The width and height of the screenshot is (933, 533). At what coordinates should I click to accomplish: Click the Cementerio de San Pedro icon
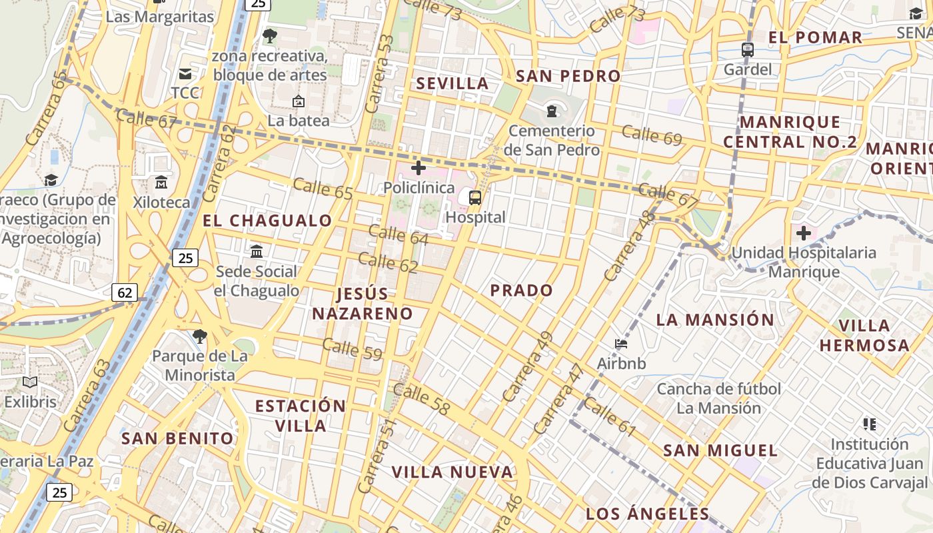[551, 110]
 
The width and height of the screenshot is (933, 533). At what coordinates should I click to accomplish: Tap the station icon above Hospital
[474, 197]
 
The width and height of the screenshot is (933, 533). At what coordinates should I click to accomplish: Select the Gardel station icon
[748, 49]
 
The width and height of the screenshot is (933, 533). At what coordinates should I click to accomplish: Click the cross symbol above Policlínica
[419, 168]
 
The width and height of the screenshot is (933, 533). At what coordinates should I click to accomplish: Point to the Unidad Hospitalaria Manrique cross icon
[804, 233]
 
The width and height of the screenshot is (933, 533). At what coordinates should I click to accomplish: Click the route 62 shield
[125, 292]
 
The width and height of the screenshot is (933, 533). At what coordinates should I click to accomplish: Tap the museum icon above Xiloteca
[161, 182]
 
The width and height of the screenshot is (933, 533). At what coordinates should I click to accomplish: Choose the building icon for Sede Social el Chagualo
[257, 251]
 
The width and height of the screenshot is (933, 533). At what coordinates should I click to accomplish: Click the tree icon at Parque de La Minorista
[199, 336]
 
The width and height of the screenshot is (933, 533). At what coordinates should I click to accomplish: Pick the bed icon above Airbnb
[621, 344]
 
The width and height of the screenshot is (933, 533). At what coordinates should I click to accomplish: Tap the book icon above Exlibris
[30, 382]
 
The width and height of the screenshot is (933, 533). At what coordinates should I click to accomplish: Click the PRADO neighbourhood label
[522, 290]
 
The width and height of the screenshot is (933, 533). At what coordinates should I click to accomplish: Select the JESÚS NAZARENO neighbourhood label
[363, 303]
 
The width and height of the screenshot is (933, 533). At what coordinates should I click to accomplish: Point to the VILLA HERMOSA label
[864, 335]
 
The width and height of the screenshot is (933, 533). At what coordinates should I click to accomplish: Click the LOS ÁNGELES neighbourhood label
[648, 514]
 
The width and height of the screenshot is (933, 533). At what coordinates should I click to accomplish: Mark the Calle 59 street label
[352, 349]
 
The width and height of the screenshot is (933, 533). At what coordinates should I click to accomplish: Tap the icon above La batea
[299, 101]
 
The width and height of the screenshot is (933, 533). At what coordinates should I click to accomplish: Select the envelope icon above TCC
[185, 74]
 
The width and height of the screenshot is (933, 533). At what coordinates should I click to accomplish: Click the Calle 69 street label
[652, 135]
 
